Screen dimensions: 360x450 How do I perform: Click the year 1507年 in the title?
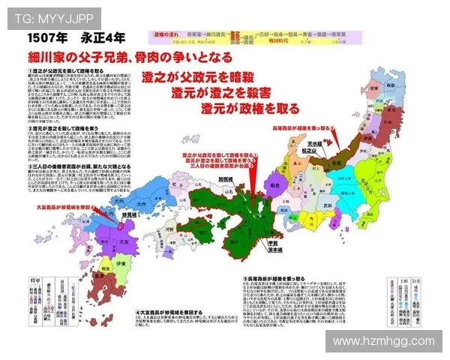click(46, 37)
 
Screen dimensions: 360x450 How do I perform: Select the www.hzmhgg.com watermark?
click(384, 342)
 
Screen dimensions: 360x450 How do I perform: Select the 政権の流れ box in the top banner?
click(166, 34)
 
